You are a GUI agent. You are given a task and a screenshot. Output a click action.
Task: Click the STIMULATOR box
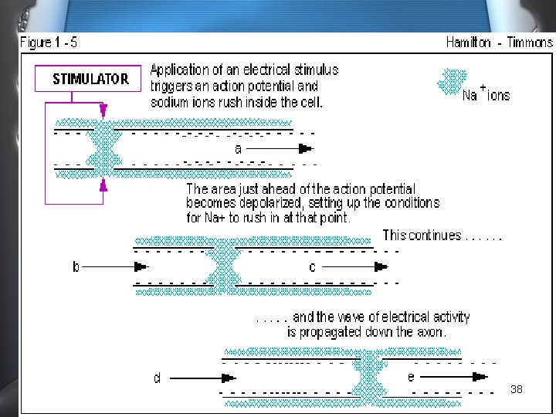click(90, 79)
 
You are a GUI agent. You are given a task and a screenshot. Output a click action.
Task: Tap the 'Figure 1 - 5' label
click(49, 42)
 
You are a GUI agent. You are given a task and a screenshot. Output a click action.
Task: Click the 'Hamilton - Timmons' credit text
click(498, 42)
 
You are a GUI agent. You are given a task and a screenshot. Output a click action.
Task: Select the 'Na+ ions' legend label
click(486, 94)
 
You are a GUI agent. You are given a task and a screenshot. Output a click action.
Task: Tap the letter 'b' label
click(76, 266)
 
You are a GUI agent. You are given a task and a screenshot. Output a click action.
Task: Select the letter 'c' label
click(312, 266)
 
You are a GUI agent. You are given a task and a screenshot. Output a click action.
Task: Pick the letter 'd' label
click(157, 378)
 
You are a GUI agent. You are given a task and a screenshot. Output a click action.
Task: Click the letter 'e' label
click(411, 376)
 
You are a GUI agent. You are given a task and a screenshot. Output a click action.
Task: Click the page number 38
click(517, 390)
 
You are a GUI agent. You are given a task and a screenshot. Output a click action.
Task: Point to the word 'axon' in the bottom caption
click(431, 332)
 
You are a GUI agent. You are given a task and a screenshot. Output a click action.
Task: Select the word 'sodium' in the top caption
click(170, 102)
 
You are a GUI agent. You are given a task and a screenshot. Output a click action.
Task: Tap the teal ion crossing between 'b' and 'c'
click(224, 266)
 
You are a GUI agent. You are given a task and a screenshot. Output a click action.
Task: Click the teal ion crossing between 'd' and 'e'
click(368, 378)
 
